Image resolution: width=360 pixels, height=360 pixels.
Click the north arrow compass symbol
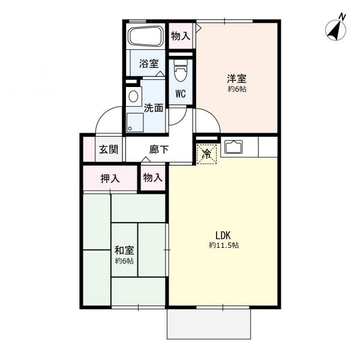(x=335, y=30)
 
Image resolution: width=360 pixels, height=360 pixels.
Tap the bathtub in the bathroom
(x=146, y=36)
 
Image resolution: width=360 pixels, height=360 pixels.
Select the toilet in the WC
(x=180, y=70)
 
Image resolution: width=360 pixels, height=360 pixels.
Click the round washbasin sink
(x=133, y=97)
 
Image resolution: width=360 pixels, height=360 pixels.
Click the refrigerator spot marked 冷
(x=206, y=154)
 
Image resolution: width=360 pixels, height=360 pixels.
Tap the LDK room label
(x=223, y=235)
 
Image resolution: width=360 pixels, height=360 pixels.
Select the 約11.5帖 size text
(x=224, y=245)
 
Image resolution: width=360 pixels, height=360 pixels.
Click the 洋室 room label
(x=237, y=79)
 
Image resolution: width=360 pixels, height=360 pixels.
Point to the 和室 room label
(x=124, y=250)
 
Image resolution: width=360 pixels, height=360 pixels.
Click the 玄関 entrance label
(x=109, y=149)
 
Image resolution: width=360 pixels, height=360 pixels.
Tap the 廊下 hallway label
(x=159, y=149)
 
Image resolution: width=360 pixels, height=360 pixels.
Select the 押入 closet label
(x=110, y=178)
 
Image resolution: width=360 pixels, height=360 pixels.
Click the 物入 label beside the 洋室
(x=181, y=36)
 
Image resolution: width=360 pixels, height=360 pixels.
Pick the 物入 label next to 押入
(x=152, y=178)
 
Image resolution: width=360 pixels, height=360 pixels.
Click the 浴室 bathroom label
(x=149, y=64)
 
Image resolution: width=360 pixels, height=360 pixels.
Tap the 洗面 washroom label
(x=154, y=108)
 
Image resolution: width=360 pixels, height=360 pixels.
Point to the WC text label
(x=181, y=94)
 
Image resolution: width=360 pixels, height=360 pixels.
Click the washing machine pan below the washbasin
(x=135, y=122)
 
